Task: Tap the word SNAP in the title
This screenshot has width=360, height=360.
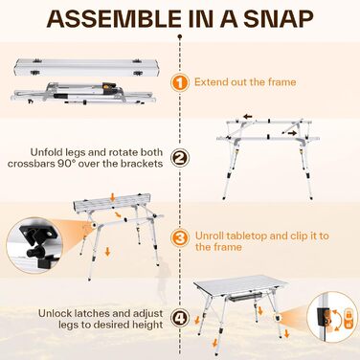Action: tap(279, 19)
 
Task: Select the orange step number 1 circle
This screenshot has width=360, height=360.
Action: tap(180, 82)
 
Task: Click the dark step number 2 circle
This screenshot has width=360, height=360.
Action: tap(180, 158)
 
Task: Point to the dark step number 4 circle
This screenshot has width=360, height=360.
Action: tap(180, 319)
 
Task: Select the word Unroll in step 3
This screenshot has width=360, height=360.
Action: tap(210, 236)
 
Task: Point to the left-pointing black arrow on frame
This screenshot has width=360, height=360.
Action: tap(248, 117)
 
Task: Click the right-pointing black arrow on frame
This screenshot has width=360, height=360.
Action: tap(291, 133)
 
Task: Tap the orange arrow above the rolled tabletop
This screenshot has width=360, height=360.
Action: tap(113, 198)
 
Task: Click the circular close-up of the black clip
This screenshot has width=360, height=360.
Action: tap(34, 245)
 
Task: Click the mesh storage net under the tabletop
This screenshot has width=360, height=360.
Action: tap(245, 298)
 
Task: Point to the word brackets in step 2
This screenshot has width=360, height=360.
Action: tap(142, 164)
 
